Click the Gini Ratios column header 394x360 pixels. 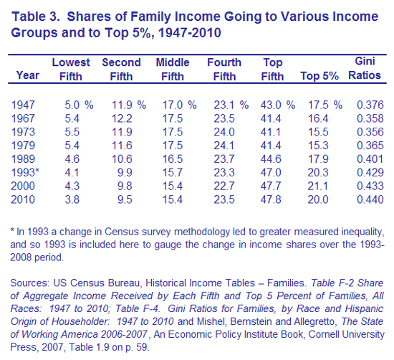365,68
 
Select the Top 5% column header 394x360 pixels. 319,76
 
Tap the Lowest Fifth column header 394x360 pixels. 71,69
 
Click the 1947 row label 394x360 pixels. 23,105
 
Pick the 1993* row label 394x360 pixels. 25,173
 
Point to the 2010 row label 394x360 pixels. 23,199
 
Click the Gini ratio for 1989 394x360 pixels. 370,159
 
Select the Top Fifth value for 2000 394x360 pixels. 271,186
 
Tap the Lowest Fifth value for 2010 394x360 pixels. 72,199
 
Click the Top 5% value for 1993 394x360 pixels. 318,173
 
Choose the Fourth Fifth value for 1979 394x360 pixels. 224,146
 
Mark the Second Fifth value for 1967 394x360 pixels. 122,118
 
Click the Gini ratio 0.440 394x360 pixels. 370,199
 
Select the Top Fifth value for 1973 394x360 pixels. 271,132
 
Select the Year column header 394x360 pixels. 28,75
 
